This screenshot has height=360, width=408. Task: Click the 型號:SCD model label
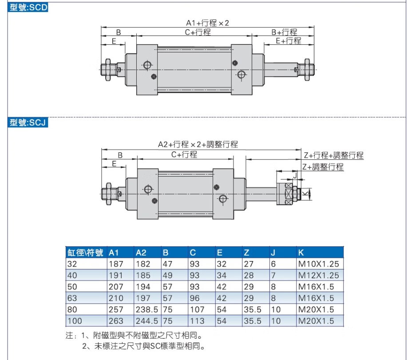28,7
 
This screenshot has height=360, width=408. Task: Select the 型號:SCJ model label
28,122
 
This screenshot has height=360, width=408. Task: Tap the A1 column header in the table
114,253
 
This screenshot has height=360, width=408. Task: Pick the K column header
301,253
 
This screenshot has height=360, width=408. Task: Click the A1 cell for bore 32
116,264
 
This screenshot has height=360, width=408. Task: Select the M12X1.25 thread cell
318,275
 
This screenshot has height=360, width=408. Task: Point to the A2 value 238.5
147,309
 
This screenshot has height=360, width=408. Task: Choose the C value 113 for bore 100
197,321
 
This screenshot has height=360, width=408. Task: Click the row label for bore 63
72,298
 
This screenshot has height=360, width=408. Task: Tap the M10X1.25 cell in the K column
318,264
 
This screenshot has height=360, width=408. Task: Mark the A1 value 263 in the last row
116,321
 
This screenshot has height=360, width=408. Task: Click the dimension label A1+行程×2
207,23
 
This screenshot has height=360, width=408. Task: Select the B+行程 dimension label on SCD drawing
284,32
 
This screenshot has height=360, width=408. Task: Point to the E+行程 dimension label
288,40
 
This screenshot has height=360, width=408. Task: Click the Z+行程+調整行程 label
333,155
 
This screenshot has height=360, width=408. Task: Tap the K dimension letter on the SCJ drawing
306,194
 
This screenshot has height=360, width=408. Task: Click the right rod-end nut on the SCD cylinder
307,70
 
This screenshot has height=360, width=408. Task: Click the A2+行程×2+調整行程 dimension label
198,144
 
